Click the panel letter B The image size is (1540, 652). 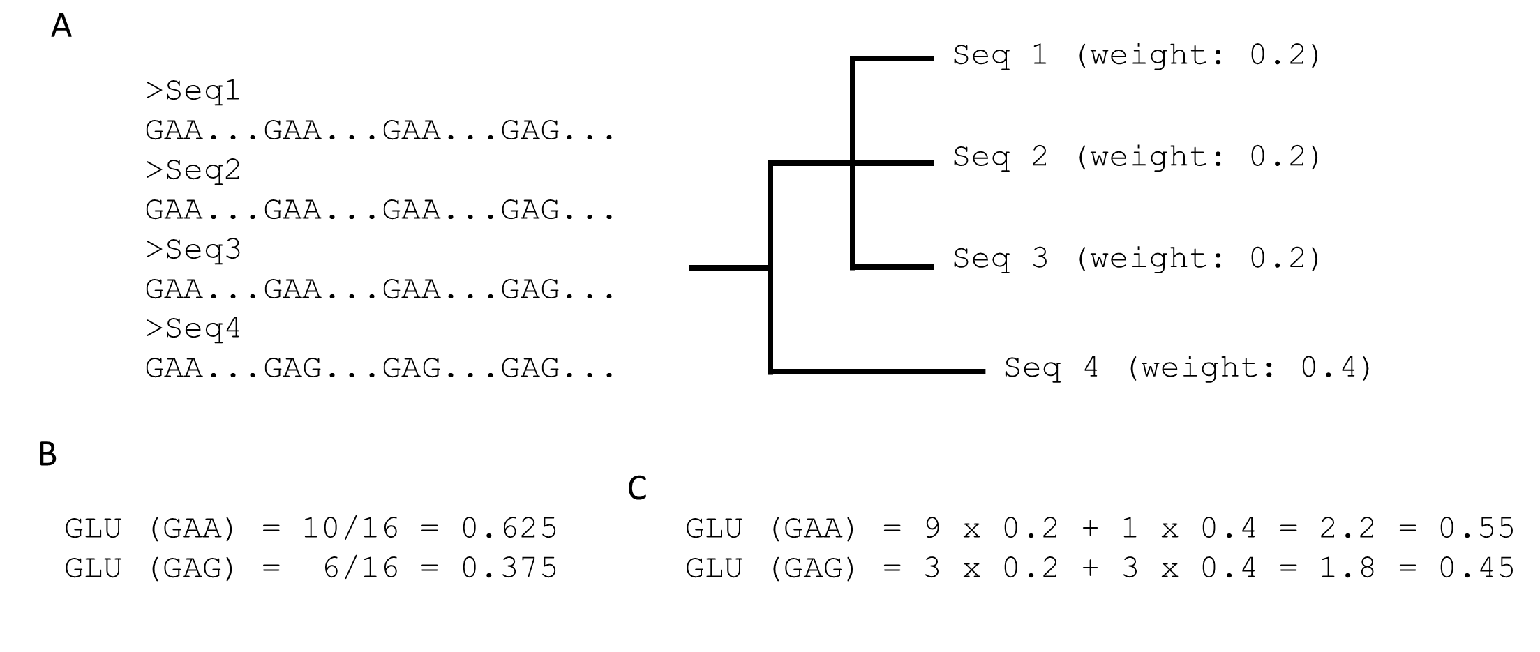click(x=47, y=454)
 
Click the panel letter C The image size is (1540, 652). click(x=637, y=488)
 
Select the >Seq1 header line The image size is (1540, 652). click(x=193, y=91)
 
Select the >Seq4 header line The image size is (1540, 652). click(x=193, y=328)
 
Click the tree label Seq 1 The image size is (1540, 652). click(x=1000, y=55)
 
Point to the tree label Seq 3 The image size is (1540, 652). click(x=1000, y=259)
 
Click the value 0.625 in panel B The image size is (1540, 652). click(x=509, y=528)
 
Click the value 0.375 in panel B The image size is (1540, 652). click(x=509, y=568)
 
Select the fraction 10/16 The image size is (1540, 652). click(x=350, y=528)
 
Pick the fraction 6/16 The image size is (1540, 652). click(x=361, y=568)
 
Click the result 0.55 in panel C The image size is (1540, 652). click(x=1477, y=528)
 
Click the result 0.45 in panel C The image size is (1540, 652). click(x=1477, y=568)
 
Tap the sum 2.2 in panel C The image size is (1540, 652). click(x=1347, y=528)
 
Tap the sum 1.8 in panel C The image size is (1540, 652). click(x=1347, y=568)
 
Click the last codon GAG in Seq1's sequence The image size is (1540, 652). click(x=530, y=130)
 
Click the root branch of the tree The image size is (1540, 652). click(x=728, y=267)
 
